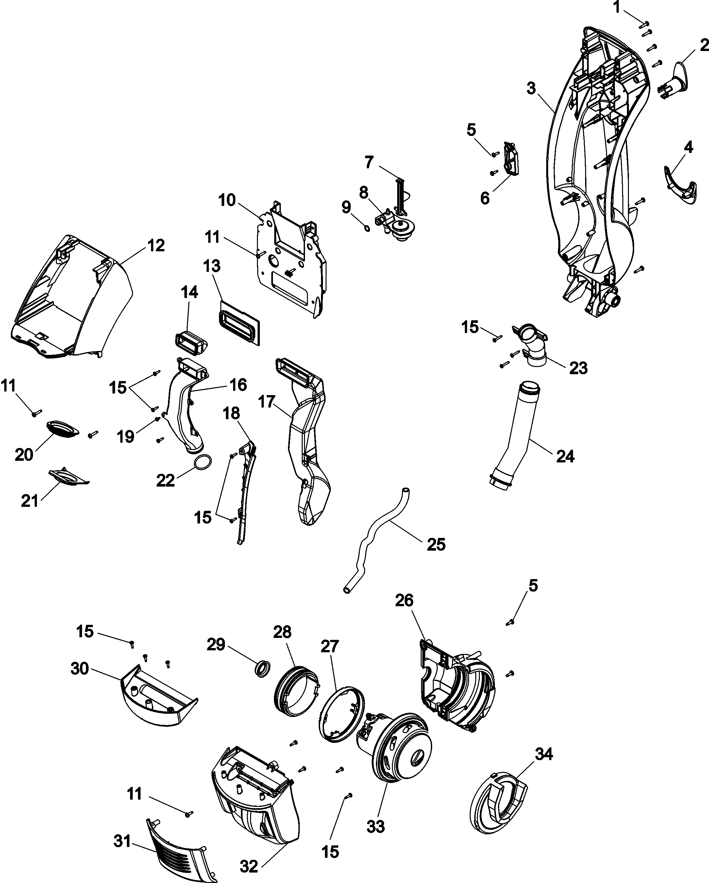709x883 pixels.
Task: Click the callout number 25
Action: [x=436, y=544]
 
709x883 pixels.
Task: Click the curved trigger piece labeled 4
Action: [x=680, y=185]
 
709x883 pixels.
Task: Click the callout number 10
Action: [x=227, y=200]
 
